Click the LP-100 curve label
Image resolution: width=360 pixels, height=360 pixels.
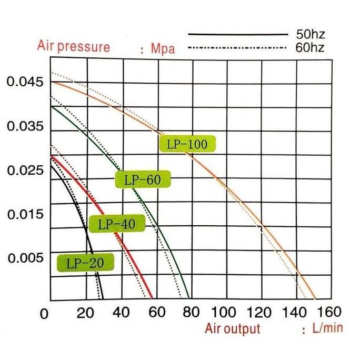[x=187, y=144]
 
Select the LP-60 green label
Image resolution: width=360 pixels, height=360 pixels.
[x=143, y=179]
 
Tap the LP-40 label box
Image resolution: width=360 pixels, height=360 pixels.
[x=112, y=224]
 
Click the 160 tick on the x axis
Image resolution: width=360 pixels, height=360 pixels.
[x=330, y=312]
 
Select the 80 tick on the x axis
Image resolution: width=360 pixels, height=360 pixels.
[x=191, y=312]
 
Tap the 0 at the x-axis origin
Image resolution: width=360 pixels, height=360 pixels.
[x=45, y=314]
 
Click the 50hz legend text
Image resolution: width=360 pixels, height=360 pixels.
[x=310, y=35]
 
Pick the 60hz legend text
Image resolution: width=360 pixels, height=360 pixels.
[x=310, y=47]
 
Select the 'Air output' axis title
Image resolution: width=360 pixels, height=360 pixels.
[x=233, y=329]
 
